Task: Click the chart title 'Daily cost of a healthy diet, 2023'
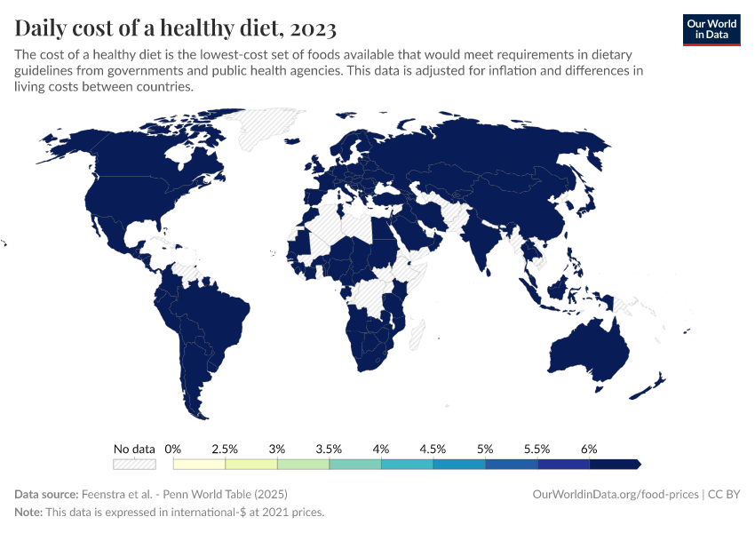tap(175, 28)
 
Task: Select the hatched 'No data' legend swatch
tap(134, 464)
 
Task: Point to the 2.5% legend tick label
tap(226, 449)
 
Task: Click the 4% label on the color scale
tap(381, 449)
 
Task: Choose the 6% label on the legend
tap(589, 449)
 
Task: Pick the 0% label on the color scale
tap(173, 449)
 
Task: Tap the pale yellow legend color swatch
tap(199, 464)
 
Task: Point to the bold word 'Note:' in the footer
tap(29, 513)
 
